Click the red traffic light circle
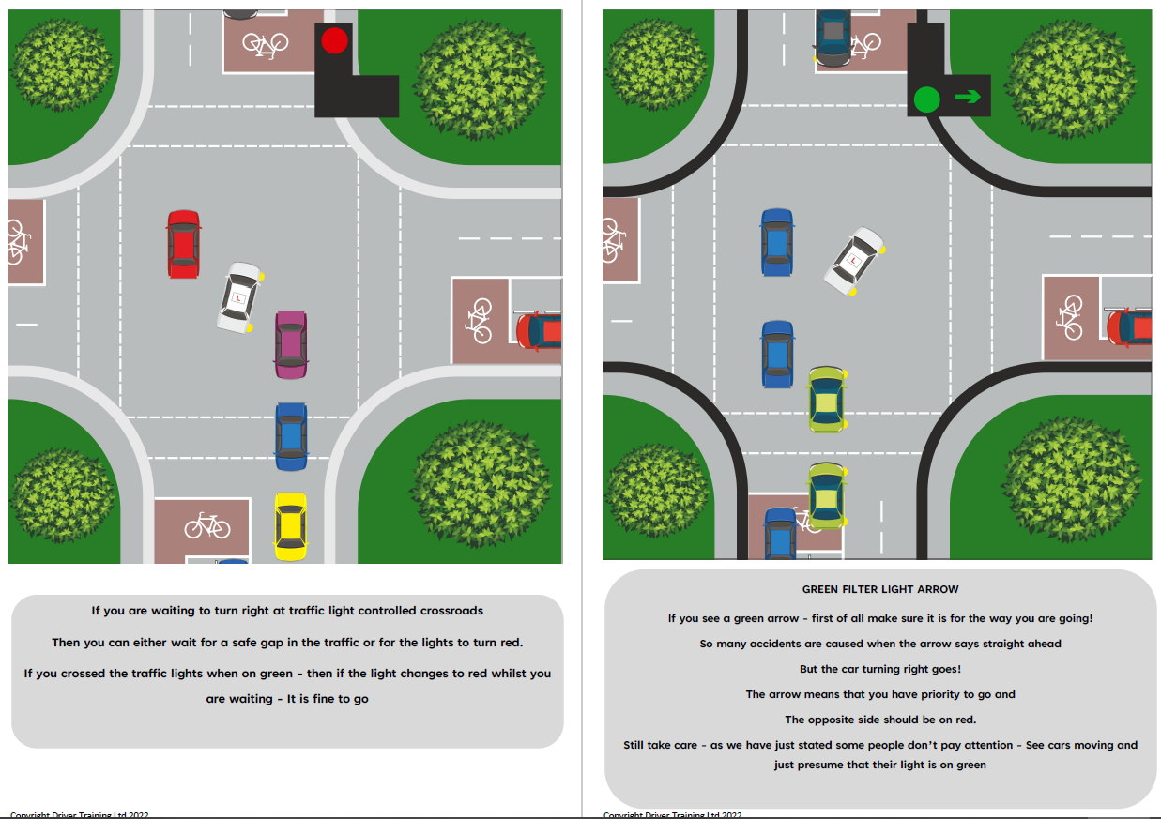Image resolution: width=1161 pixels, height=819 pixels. coord(334,40)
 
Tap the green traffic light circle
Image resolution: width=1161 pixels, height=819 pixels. coord(926,99)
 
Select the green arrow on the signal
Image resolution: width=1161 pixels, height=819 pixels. coord(968,96)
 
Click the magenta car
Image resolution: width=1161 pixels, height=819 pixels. coord(291,344)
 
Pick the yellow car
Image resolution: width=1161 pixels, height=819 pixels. coord(290,526)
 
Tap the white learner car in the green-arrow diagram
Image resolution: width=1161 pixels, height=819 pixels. coord(854,260)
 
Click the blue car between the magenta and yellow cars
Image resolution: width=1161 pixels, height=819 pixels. coord(291,436)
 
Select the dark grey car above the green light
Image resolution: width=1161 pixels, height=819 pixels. coord(833,37)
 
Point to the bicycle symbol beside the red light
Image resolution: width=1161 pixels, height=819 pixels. coord(266,42)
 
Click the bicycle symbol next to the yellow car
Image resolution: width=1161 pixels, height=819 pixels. coord(206,525)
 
